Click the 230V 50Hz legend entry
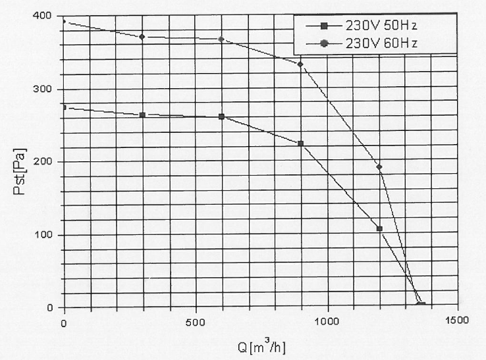pyautogui.click(x=379, y=26)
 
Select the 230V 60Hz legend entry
pyautogui.click(x=379, y=43)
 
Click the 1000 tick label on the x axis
pyautogui.click(x=327, y=321)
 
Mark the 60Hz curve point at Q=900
pyautogui.click(x=300, y=64)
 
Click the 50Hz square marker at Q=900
pyautogui.click(x=300, y=143)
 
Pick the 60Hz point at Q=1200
pyautogui.click(x=379, y=167)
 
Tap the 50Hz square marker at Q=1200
pyautogui.click(x=379, y=229)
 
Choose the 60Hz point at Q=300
pyautogui.click(x=142, y=37)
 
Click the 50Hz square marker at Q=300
pyautogui.click(x=142, y=115)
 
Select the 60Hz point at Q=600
pyautogui.click(x=221, y=39)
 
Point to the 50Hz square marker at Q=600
pyautogui.click(x=221, y=116)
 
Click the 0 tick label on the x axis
pyautogui.click(x=63, y=321)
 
